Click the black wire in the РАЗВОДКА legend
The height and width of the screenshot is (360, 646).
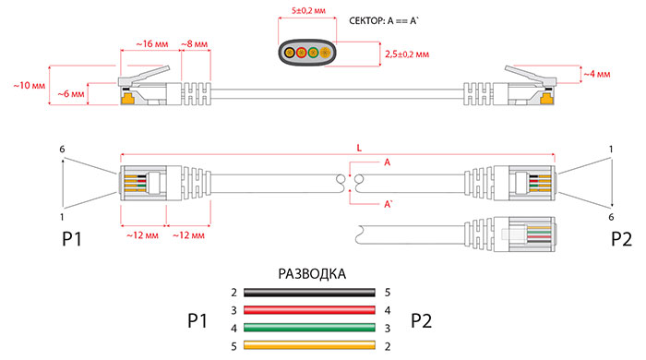(x=309, y=293)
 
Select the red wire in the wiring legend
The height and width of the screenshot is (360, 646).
(x=309, y=310)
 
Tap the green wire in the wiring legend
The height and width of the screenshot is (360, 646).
(x=309, y=328)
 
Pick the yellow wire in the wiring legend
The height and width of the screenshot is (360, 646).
(x=309, y=345)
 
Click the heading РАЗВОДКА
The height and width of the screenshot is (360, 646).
(x=312, y=274)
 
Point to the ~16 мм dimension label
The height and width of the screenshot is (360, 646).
(x=152, y=43)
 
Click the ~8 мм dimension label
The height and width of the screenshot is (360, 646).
(x=195, y=43)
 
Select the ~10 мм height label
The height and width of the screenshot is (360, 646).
(x=29, y=86)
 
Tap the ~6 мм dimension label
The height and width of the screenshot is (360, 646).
(x=71, y=94)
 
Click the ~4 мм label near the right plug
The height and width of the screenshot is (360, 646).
(x=597, y=74)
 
